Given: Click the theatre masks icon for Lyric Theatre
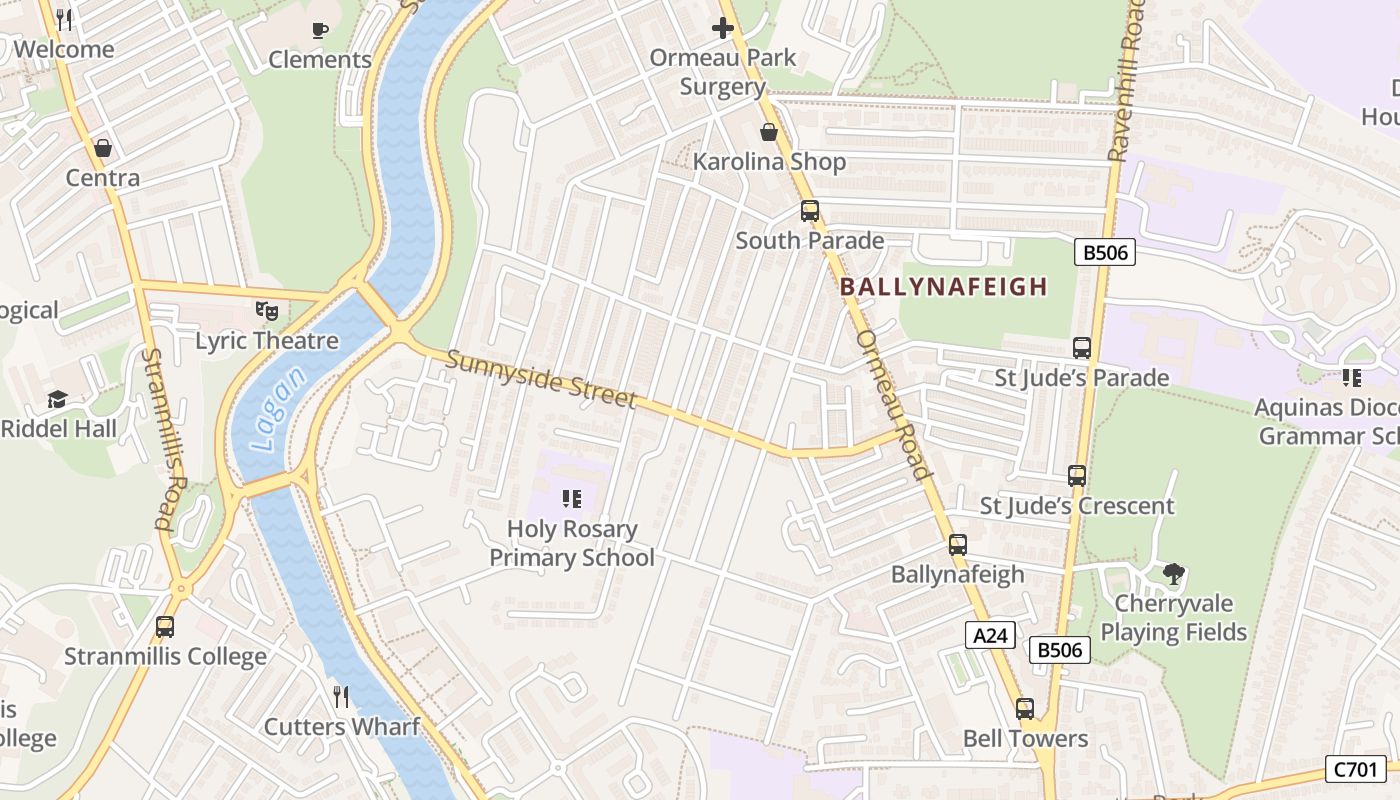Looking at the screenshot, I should click(x=266, y=311).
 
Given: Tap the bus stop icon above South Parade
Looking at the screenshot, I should click(x=810, y=211).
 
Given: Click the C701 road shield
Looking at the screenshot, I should click(x=1356, y=769).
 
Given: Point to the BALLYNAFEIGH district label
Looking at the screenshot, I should click(x=943, y=287).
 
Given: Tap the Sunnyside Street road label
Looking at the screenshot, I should click(x=541, y=378).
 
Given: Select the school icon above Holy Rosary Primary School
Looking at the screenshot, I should click(x=572, y=498).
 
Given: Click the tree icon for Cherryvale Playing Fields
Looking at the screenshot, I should click(x=1174, y=574).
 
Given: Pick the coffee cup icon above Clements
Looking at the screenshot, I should click(x=320, y=30).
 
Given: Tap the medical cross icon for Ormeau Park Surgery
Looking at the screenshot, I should click(x=722, y=28).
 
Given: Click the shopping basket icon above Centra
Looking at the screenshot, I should click(x=102, y=149).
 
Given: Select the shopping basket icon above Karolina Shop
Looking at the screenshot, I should click(x=769, y=132).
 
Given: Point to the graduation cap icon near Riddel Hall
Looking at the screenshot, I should click(x=58, y=400).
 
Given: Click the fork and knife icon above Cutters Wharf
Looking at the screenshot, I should click(x=342, y=697).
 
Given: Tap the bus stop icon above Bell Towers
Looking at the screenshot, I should click(x=1025, y=709).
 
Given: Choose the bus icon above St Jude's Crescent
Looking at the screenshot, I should click(x=1077, y=476).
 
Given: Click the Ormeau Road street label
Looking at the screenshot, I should click(x=894, y=405).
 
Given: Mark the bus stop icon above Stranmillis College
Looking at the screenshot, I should click(x=165, y=627).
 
